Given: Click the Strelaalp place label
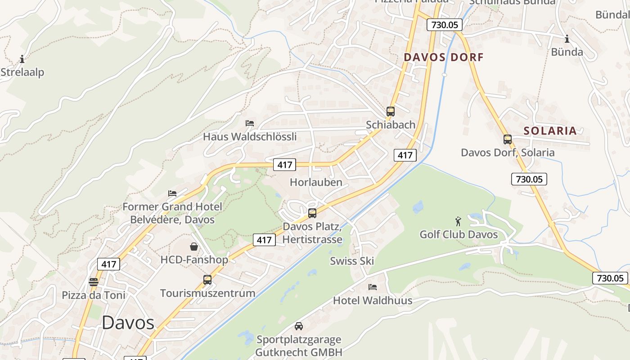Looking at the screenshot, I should (22, 72).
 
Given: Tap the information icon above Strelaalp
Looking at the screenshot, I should (22, 59).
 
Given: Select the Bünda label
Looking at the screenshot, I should (567, 52).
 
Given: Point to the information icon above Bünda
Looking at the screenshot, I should (567, 39).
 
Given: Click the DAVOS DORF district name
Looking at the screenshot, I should (443, 57).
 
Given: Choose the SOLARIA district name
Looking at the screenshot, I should (550, 131).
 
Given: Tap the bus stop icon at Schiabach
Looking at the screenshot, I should (391, 112).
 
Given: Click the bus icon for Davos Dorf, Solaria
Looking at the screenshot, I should (508, 139).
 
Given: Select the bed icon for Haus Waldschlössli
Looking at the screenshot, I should (250, 123).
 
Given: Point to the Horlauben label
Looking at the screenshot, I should (316, 182).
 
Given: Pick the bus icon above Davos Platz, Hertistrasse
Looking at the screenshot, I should (312, 213).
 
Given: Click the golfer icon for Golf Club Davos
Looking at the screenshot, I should (459, 221).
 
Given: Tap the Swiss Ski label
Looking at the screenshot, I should (352, 261).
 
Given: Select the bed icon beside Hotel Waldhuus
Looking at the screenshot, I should (373, 287).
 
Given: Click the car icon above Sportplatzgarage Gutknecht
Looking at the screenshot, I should (299, 326).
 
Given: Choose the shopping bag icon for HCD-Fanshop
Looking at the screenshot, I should (194, 247).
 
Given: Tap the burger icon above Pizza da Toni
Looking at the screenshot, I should (94, 282).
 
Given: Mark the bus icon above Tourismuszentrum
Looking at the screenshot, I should (207, 280).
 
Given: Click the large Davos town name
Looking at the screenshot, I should (128, 323).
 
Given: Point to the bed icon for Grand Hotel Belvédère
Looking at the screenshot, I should (172, 193).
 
